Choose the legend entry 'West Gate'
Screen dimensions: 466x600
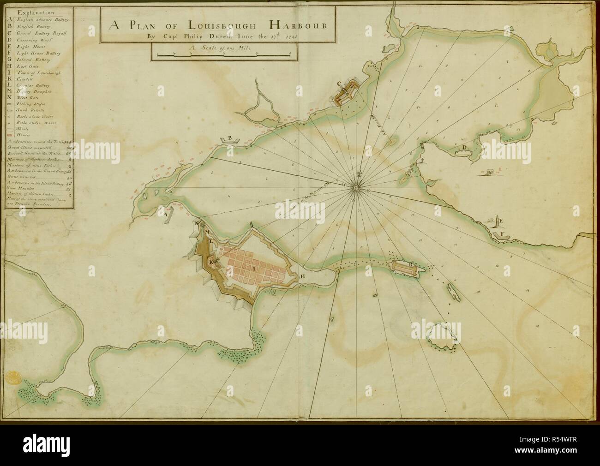(29, 98)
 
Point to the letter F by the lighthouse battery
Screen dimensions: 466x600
(501, 235)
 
